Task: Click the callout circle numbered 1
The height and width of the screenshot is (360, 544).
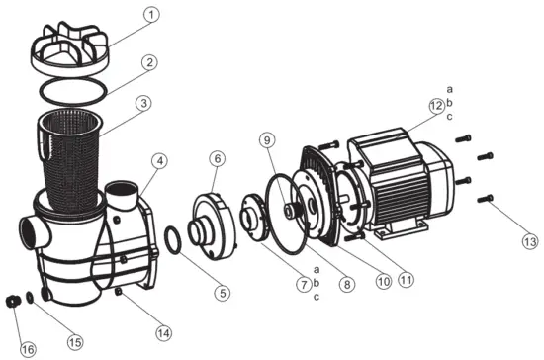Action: click(x=150, y=16)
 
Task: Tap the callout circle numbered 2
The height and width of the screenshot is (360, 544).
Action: click(x=150, y=63)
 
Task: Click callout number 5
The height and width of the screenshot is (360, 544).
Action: click(x=223, y=292)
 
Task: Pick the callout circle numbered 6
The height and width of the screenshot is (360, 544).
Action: click(x=219, y=158)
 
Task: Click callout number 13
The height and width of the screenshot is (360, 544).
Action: click(x=505, y=240)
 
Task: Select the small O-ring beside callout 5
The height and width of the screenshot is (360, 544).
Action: click(x=172, y=239)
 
